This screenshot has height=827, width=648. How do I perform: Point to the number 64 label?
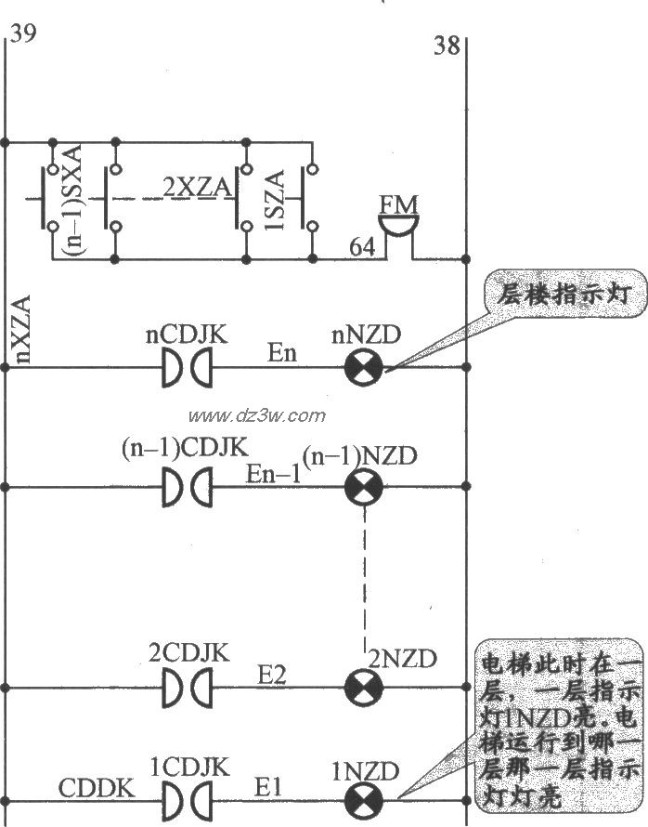click(363, 247)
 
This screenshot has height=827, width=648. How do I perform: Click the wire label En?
click(282, 354)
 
